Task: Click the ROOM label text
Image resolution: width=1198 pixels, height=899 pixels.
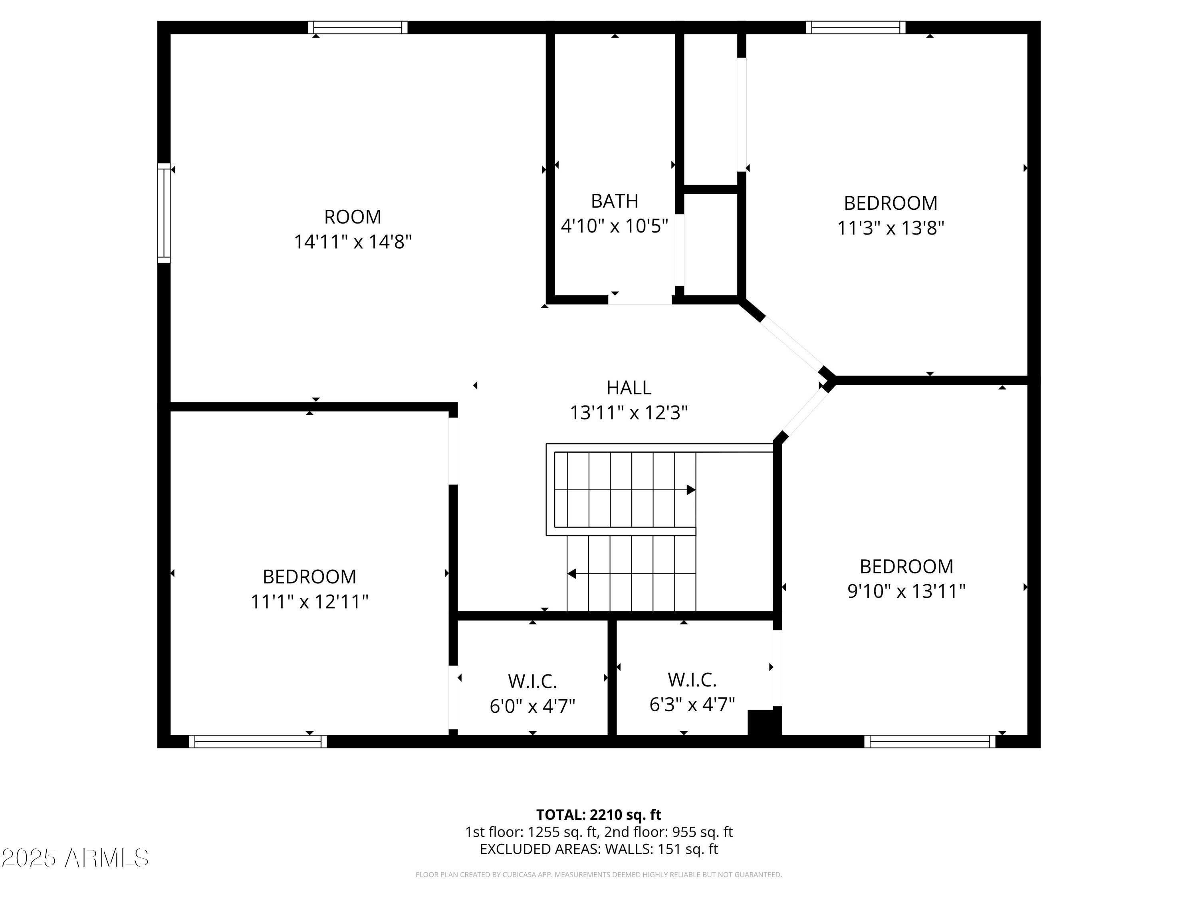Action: point(353,217)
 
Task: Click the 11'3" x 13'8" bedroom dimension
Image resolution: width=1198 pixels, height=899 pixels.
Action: point(891,228)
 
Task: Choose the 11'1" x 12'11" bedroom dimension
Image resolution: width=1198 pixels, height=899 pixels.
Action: point(309,601)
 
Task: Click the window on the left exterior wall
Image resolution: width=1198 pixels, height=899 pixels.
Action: point(164,213)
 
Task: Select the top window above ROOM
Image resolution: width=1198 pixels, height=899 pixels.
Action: point(357,27)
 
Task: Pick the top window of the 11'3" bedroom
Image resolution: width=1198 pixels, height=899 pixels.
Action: point(855,27)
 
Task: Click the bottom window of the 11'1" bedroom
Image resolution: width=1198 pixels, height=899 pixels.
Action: point(258,741)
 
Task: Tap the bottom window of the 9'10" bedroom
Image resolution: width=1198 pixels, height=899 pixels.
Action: point(929,741)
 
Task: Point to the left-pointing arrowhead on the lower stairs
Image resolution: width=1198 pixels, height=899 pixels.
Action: point(572,573)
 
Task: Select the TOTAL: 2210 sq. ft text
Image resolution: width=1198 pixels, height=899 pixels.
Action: point(599,814)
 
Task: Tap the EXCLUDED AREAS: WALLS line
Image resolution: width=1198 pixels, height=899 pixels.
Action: point(599,849)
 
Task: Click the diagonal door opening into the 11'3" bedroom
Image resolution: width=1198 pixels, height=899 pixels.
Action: point(791,343)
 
